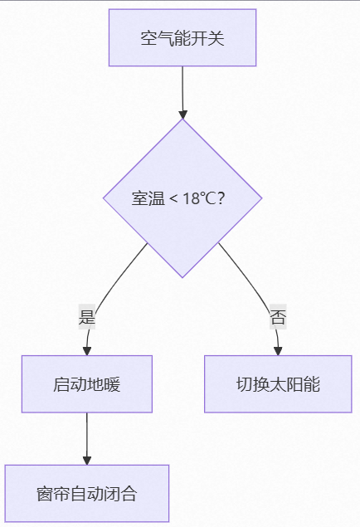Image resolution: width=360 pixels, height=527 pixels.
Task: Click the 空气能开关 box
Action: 182,37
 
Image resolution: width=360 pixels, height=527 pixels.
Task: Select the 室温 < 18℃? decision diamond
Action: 182,198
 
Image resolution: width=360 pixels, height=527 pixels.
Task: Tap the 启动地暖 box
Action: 87,383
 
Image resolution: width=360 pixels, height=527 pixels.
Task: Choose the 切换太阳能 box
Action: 278,383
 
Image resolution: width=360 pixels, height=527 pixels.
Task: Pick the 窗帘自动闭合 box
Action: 87,494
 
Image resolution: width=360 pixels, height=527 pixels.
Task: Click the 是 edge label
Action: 87,316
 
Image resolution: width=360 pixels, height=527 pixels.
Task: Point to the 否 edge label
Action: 278,316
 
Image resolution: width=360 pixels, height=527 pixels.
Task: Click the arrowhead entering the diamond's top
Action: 182,115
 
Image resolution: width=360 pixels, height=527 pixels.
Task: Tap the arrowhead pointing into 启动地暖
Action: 87,351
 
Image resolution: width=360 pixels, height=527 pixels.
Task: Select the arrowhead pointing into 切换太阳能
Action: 278,351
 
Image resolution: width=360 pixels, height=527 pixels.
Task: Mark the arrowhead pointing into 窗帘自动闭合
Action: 87,461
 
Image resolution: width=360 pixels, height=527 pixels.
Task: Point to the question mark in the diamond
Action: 221,198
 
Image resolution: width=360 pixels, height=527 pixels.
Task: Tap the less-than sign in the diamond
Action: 173,198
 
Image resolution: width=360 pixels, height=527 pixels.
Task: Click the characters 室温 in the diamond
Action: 148,198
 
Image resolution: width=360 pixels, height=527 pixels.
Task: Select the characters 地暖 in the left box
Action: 104,384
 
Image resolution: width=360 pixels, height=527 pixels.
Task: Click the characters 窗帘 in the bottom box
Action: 53,494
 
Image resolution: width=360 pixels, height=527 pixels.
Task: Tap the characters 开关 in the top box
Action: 207,38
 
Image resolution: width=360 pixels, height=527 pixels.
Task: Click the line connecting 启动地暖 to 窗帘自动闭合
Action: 87,435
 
